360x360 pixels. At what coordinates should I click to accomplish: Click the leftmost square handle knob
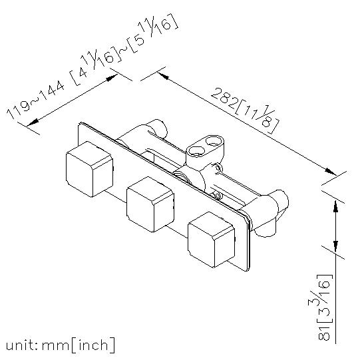[x=90, y=169]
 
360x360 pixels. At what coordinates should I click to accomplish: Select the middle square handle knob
[x=150, y=204]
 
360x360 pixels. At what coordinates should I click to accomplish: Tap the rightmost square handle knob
[x=212, y=240]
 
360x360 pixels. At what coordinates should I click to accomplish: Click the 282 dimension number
[x=223, y=99]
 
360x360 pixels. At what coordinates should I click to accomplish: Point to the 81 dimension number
[x=324, y=335]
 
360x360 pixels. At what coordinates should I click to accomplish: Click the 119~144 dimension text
[x=35, y=100]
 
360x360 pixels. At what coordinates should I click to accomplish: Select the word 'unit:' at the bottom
[x=22, y=345]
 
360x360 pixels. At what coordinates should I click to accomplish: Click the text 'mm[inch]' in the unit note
[x=79, y=345]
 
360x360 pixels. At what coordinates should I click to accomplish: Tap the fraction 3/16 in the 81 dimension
[x=319, y=295]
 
